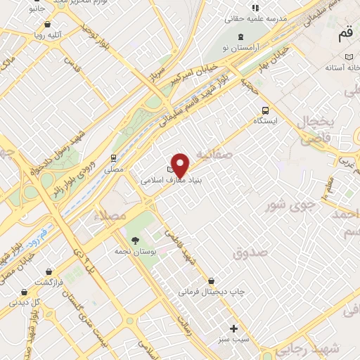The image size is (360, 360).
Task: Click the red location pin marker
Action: click(181, 165)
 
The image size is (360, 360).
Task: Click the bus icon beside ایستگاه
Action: click(265, 110)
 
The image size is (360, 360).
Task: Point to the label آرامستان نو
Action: click(242, 47)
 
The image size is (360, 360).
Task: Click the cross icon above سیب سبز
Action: click(234, 328)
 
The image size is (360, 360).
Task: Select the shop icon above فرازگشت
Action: click(48, 271)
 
